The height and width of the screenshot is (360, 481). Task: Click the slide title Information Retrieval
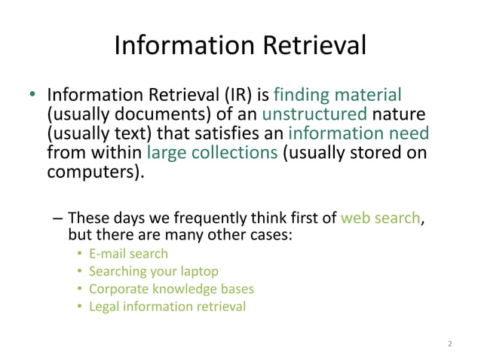pyautogui.click(x=240, y=47)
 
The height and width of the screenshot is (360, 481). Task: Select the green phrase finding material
pyautogui.click(x=337, y=96)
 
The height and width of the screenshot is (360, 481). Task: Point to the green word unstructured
pyautogui.click(x=314, y=115)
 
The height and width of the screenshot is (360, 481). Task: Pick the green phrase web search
pyautogui.click(x=380, y=218)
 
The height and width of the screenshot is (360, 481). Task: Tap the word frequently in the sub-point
pyautogui.click(x=213, y=218)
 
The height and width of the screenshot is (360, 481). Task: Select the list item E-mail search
pyautogui.click(x=128, y=254)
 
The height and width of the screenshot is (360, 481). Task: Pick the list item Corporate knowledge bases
pyautogui.click(x=171, y=288)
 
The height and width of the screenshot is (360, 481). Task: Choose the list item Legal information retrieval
pyautogui.click(x=167, y=307)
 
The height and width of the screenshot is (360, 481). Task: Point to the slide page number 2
pyautogui.click(x=449, y=344)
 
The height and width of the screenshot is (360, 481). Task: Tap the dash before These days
pyautogui.click(x=59, y=218)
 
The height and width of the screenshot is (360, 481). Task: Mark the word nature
pyautogui.click(x=400, y=115)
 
